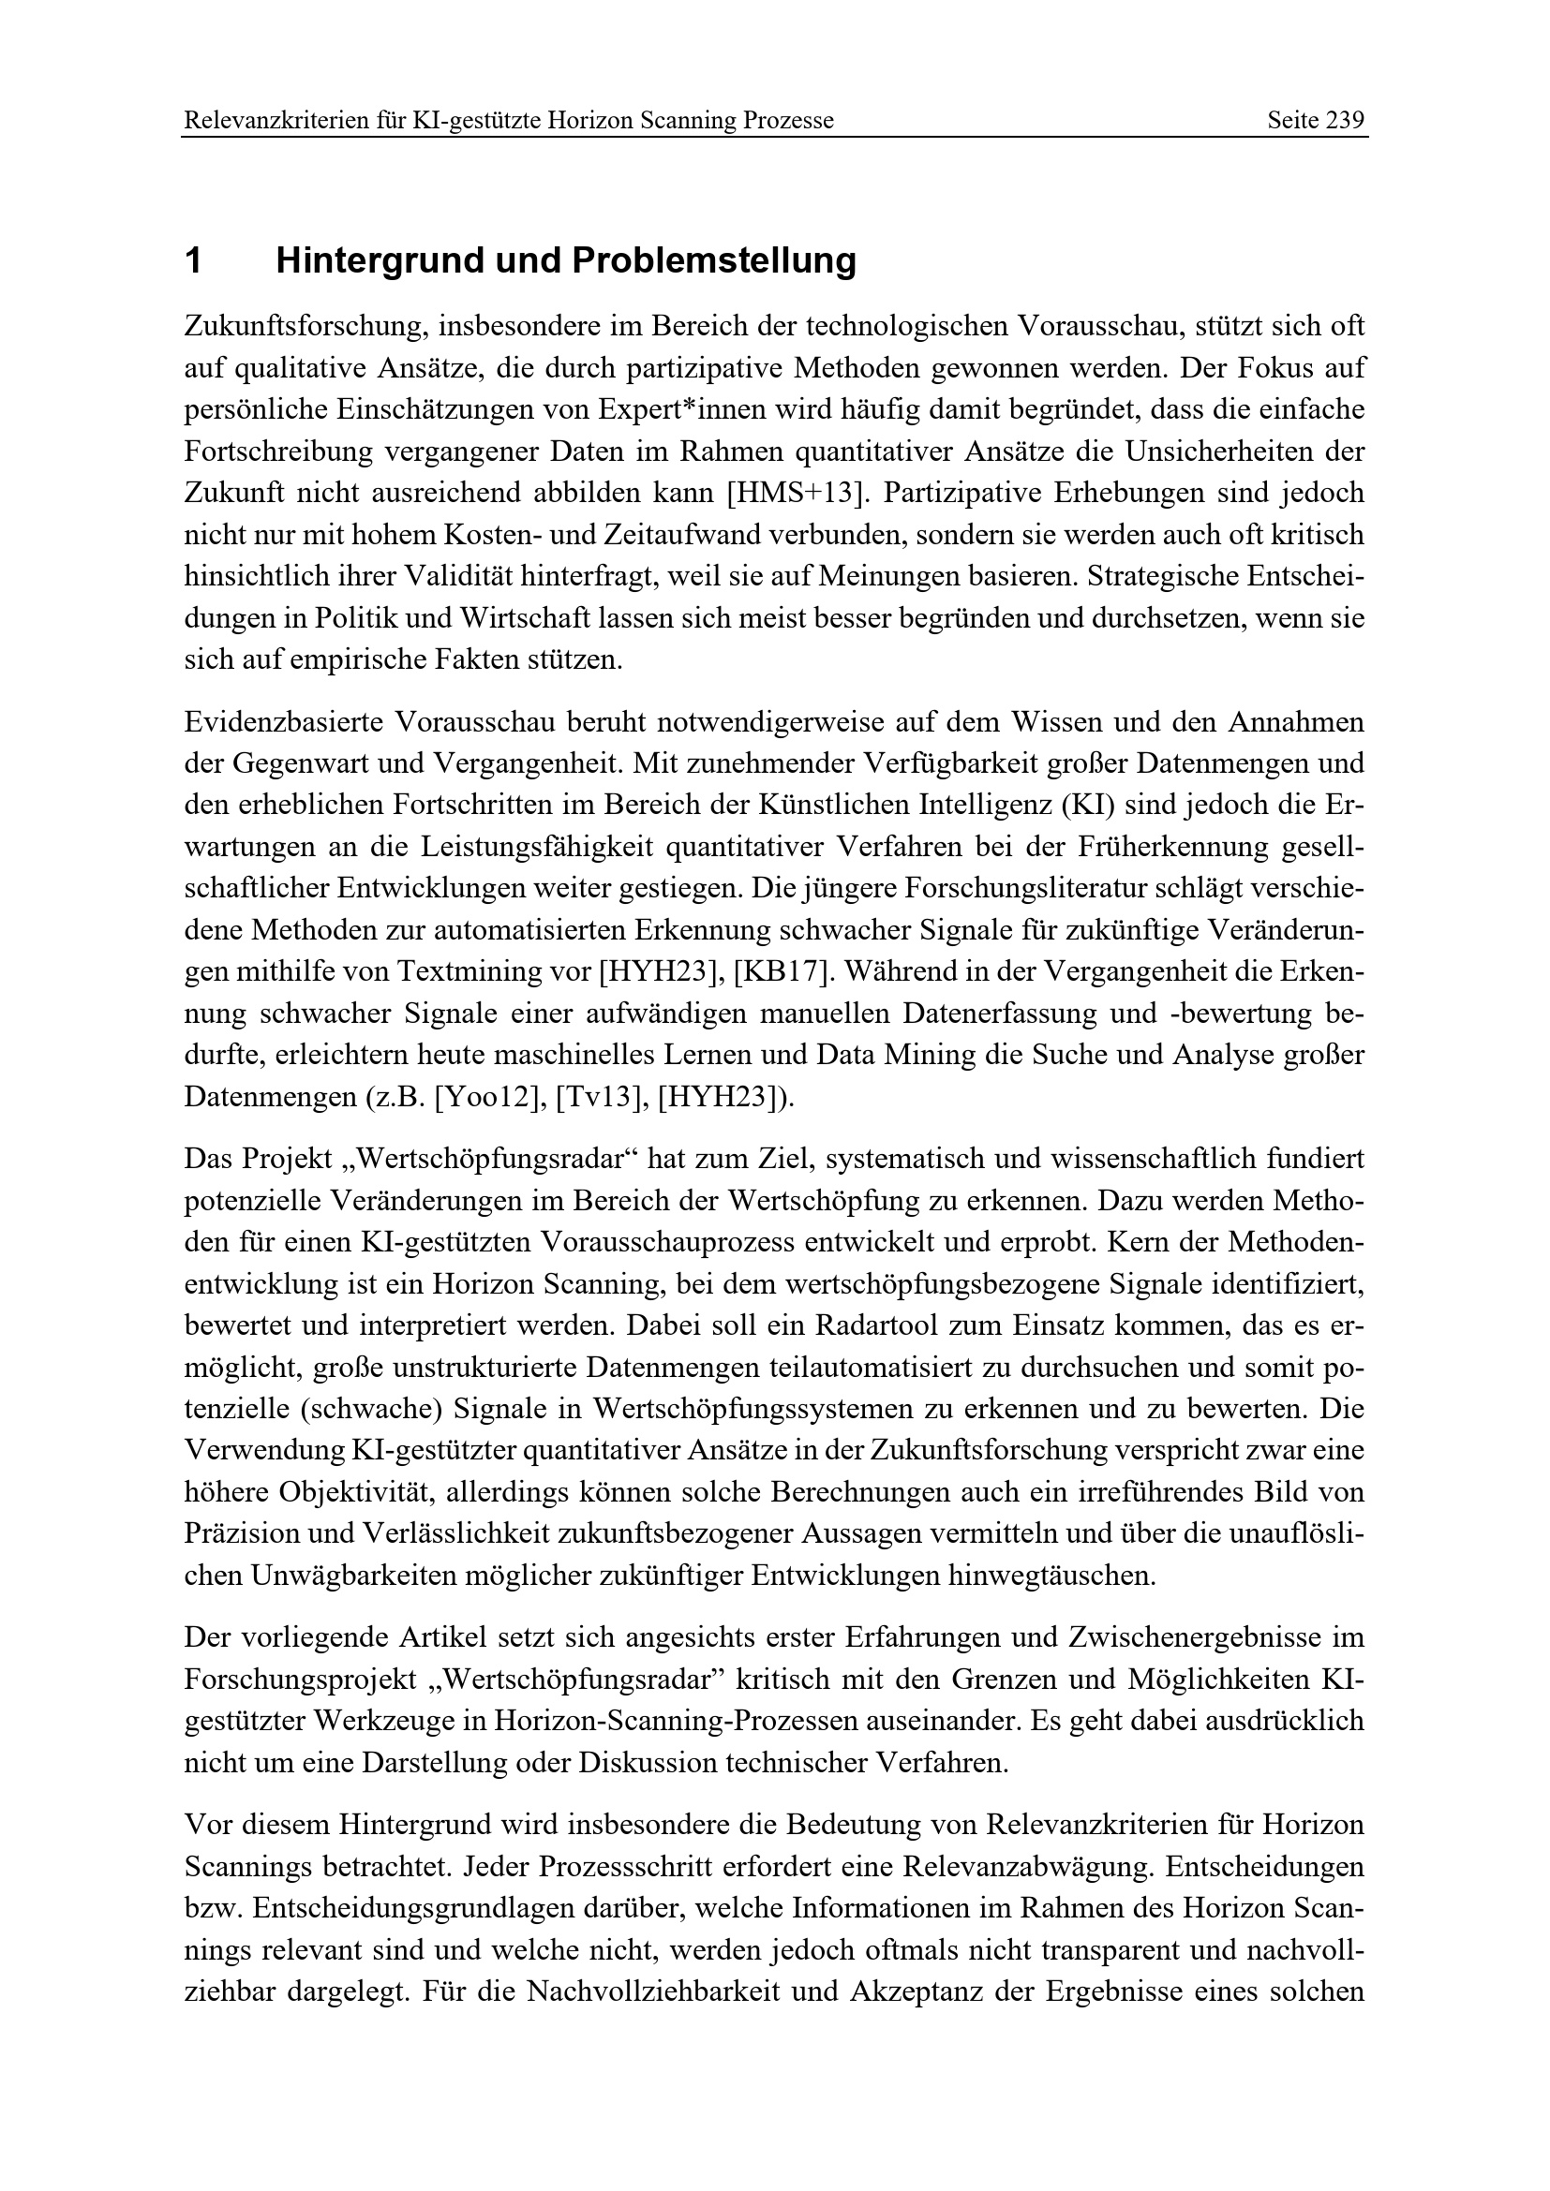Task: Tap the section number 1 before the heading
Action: (x=194, y=260)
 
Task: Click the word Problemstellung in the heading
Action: (x=714, y=260)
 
